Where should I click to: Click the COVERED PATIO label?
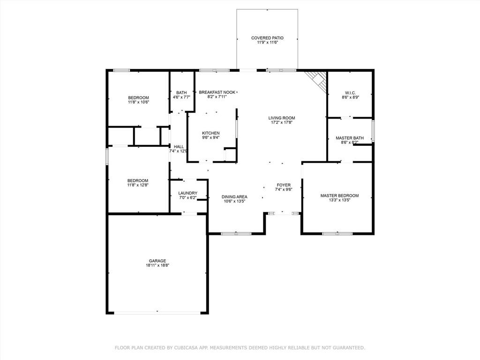click(267, 38)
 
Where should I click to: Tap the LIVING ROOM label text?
click(282, 118)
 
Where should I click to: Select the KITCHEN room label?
click(210, 133)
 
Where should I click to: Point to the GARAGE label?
click(157, 261)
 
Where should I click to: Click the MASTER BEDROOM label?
click(339, 195)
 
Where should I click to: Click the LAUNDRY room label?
click(187, 193)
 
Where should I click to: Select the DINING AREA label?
click(234, 197)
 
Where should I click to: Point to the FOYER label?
click(284, 185)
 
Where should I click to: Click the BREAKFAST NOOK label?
click(217, 92)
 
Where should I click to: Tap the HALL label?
click(179, 147)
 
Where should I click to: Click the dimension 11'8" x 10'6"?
click(138, 102)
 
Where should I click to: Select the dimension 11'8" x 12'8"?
click(138, 185)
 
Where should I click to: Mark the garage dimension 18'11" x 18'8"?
click(157, 265)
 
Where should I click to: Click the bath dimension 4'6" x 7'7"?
click(181, 97)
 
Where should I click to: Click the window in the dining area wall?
click(236, 234)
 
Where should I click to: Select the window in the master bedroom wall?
click(337, 234)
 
